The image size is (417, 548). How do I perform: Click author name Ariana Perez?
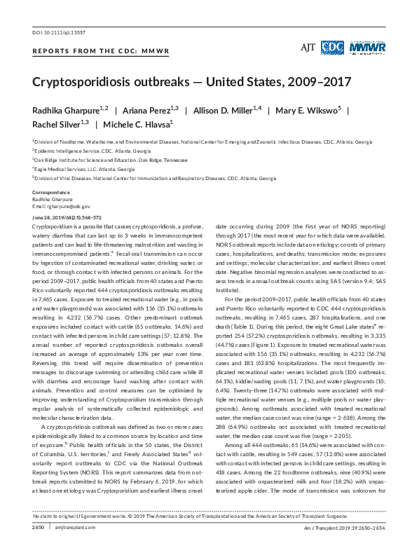click(146, 111)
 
